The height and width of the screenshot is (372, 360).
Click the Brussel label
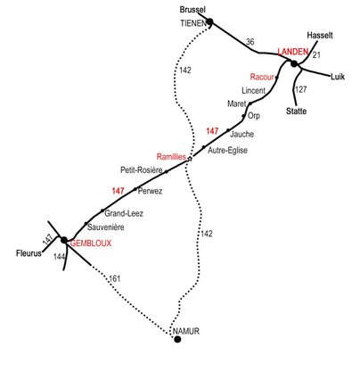pos(192,10)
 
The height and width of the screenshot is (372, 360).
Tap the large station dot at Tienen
pos(209,21)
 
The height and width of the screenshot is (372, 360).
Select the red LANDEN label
pos(293,52)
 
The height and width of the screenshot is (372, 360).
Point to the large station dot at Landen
pos(294,63)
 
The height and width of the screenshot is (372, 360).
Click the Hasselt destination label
pos(320,36)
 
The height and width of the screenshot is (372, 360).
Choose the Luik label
pos(338,77)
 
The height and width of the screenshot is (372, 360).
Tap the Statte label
pos(296,112)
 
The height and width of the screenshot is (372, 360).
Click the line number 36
pos(250,42)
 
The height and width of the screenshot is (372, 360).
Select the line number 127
pos(301,89)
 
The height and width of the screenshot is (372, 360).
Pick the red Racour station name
pos(262,77)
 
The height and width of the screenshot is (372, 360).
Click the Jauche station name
pos(242,134)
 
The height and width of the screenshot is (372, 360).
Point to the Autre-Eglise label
pos(227,151)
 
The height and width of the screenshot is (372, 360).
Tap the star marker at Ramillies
pos(190,159)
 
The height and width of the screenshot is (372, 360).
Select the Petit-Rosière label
pos(142,170)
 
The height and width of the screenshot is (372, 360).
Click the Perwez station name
pos(150,191)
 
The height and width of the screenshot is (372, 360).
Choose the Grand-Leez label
pos(124,213)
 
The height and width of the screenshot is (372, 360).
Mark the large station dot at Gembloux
pos(64,240)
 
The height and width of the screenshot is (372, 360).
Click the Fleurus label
pos(29,253)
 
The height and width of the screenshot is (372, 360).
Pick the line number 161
pos(115,278)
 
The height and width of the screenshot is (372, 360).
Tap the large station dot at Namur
pos(177,339)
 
